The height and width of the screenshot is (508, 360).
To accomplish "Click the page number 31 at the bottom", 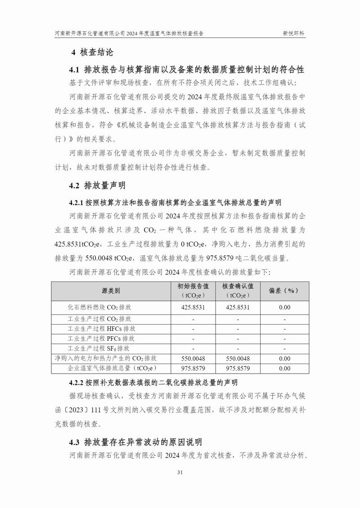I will tap(180, 472).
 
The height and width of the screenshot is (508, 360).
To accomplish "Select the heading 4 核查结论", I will tap(92, 53).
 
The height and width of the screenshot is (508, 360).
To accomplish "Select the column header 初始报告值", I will tap(193, 286).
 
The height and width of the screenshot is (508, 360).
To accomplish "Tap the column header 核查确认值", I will tap(238, 286).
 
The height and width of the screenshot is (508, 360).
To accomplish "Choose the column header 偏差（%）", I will tap(284, 291).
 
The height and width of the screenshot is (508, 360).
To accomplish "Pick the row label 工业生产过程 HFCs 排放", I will tap(101, 329).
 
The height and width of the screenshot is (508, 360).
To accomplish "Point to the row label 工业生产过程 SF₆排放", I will tap(99, 348).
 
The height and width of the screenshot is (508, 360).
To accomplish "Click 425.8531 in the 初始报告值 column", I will tap(193, 307).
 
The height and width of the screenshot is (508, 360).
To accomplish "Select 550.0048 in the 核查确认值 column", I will tap(238, 359).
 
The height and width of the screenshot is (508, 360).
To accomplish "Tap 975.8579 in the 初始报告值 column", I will tap(193, 369).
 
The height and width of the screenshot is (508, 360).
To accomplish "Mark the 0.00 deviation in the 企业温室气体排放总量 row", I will tap(284, 369).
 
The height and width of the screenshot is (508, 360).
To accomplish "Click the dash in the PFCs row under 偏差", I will tap(284, 339).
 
